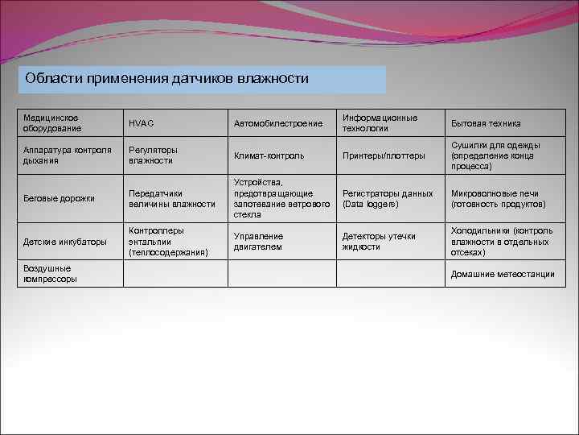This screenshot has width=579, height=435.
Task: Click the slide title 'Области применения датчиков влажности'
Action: pos(167,79)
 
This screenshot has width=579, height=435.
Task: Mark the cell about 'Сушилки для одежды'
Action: pos(495,155)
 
